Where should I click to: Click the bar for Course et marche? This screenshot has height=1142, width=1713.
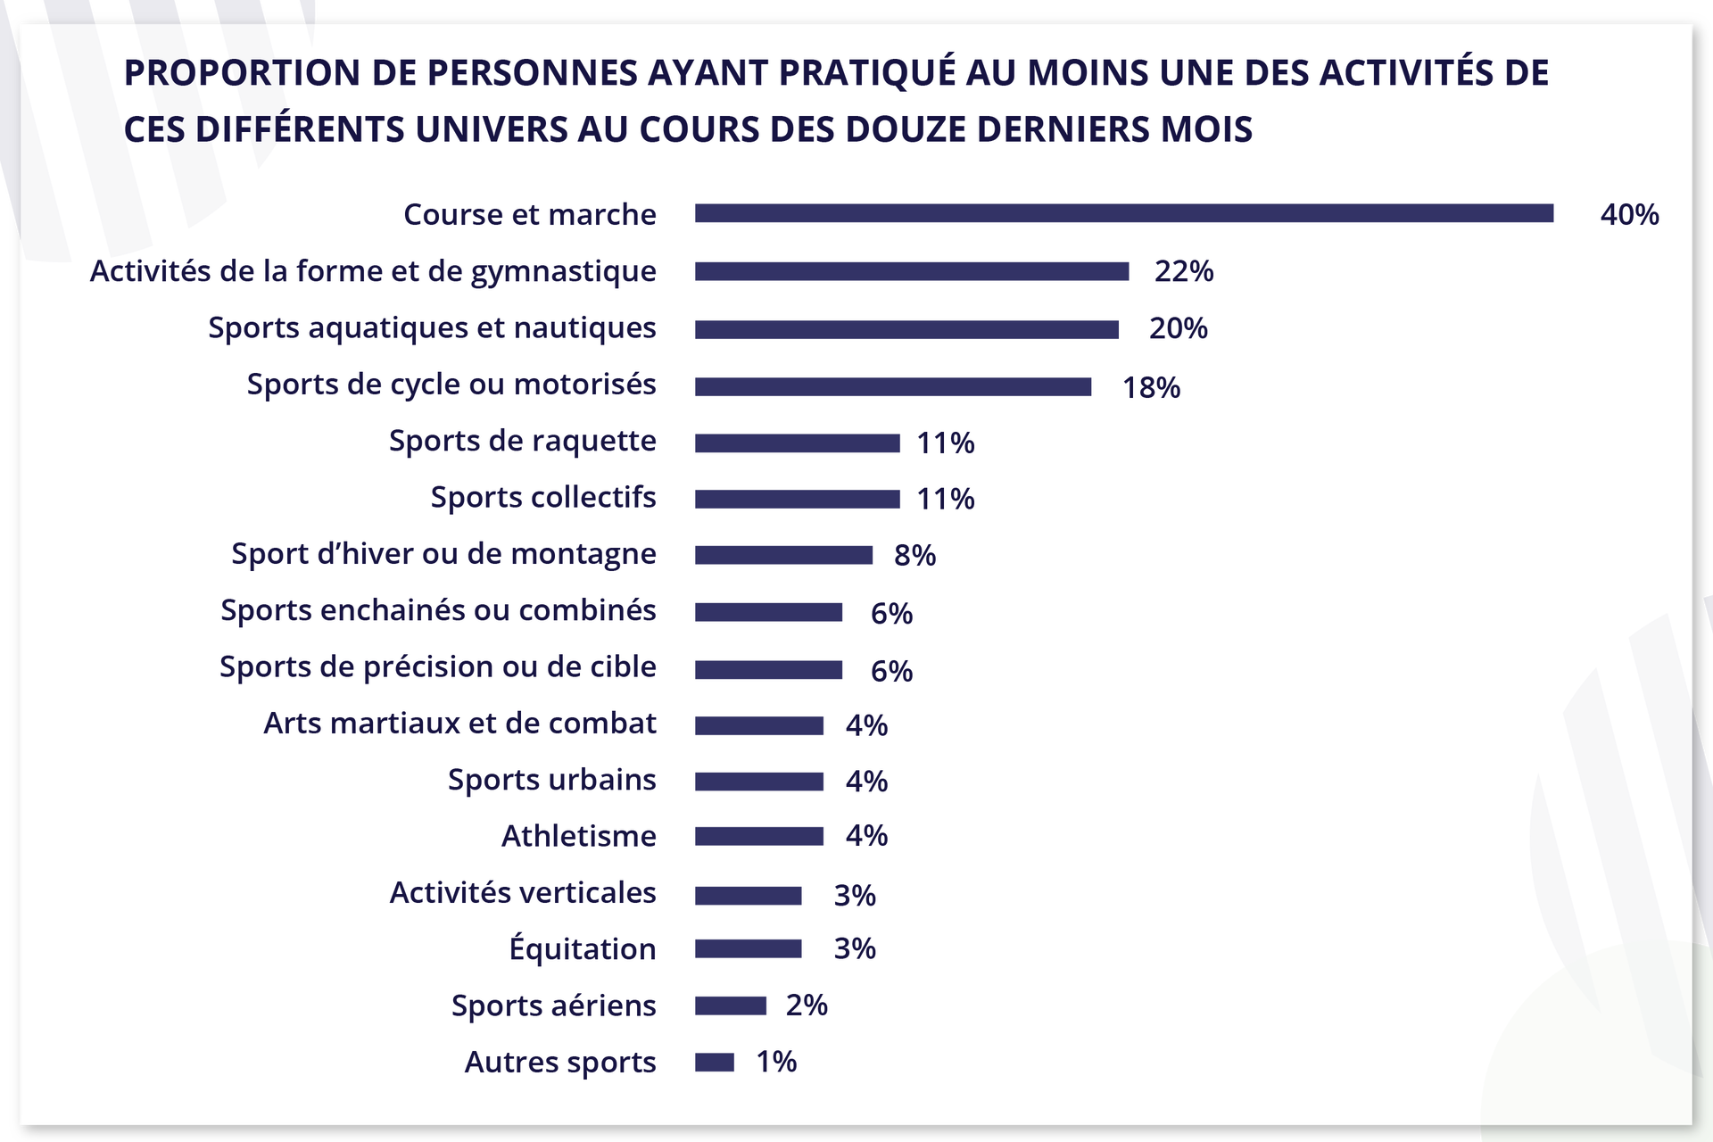(1124, 213)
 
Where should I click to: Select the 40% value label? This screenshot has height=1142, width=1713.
(1629, 215)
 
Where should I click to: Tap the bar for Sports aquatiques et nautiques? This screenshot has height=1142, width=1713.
(906, 330)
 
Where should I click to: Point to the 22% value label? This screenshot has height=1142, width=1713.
(1184, 271)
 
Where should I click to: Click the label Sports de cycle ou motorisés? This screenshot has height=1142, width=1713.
(451, 385)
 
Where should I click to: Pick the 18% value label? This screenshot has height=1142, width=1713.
(1151, 388)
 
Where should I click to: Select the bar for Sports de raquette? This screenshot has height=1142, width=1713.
(797, 443)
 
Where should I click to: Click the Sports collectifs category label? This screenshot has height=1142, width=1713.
(542, 497)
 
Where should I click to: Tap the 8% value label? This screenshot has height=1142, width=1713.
(914, 556)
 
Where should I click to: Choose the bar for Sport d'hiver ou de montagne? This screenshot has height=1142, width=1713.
(783, 555)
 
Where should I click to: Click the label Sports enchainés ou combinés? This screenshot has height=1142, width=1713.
(438, 610)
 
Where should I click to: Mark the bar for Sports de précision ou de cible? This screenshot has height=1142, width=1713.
(768, 670)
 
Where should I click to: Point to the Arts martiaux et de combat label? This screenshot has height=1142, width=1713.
(459, 724)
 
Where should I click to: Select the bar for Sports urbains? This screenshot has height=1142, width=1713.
(758, 782)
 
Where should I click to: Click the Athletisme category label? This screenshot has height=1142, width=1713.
(578, 837)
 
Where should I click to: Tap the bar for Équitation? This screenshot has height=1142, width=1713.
(748, 949)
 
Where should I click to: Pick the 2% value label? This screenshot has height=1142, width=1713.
(807, 1005)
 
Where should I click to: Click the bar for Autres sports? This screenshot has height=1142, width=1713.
(714, 1063)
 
